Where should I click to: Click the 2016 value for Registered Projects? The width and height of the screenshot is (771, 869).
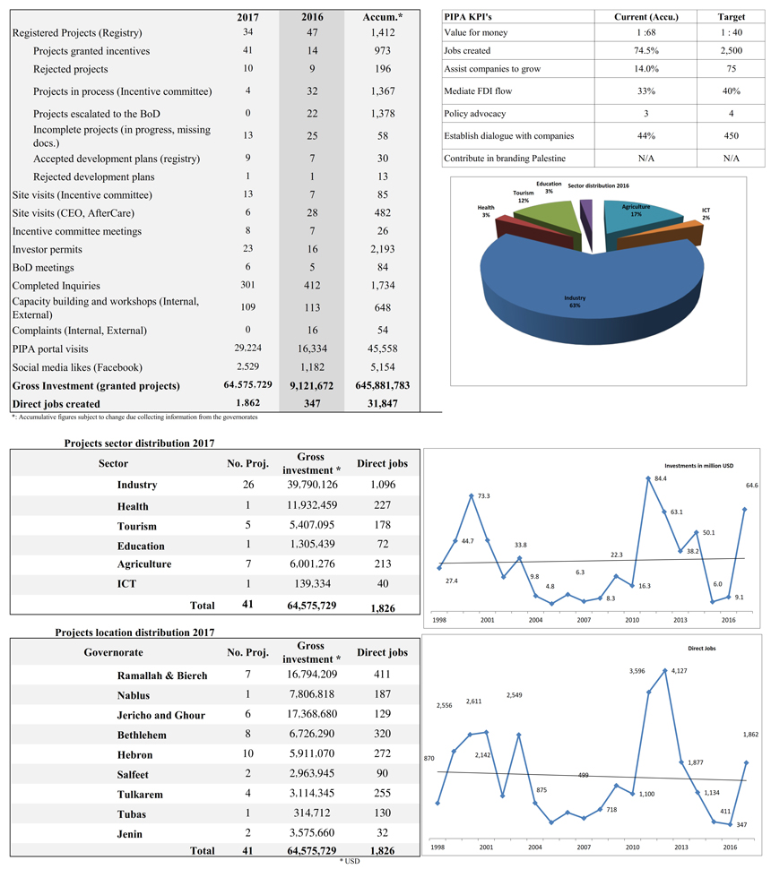pos(312,32)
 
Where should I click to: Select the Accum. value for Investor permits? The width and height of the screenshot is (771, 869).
pos(383,249)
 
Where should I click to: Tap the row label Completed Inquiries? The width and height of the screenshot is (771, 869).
pos(56,286)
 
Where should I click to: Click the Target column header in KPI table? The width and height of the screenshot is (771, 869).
pos(731,17)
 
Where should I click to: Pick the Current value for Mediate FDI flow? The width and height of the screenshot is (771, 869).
pos(646,90)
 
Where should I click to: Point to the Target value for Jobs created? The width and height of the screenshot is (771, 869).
pos(731,50)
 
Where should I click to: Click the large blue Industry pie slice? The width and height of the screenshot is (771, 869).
pos(592,288)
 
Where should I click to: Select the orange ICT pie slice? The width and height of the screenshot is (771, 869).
pos(661,236)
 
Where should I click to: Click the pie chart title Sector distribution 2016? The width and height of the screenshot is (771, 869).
pos(599,185)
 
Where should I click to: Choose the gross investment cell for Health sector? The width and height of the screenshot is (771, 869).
pos(312,505)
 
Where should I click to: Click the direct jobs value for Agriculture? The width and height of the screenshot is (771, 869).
pos(382,564)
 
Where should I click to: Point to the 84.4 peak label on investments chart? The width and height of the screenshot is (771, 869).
pos(661,478)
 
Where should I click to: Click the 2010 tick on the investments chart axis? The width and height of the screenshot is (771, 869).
pos(632,620)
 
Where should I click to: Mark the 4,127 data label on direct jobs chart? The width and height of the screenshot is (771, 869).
pos(679,671)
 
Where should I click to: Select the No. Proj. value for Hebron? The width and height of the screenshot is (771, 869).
pos(248,753)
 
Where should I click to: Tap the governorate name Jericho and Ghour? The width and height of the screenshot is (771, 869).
pos(160,716)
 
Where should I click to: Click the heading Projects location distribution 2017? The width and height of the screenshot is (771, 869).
pos(134,632)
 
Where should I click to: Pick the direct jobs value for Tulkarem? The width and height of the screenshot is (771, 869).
pos(382,794)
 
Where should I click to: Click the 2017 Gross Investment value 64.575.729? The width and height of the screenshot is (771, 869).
pos(248,384)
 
